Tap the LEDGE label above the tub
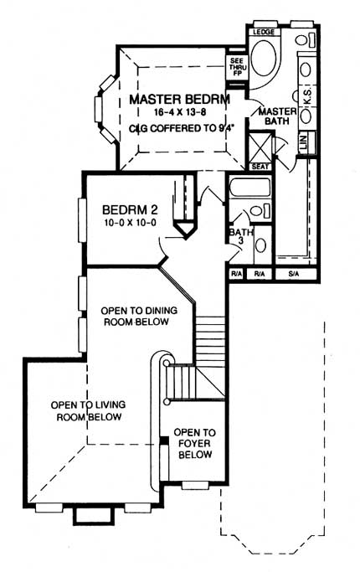(x=265, y=31)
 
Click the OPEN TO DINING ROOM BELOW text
(x=140, y=316)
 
